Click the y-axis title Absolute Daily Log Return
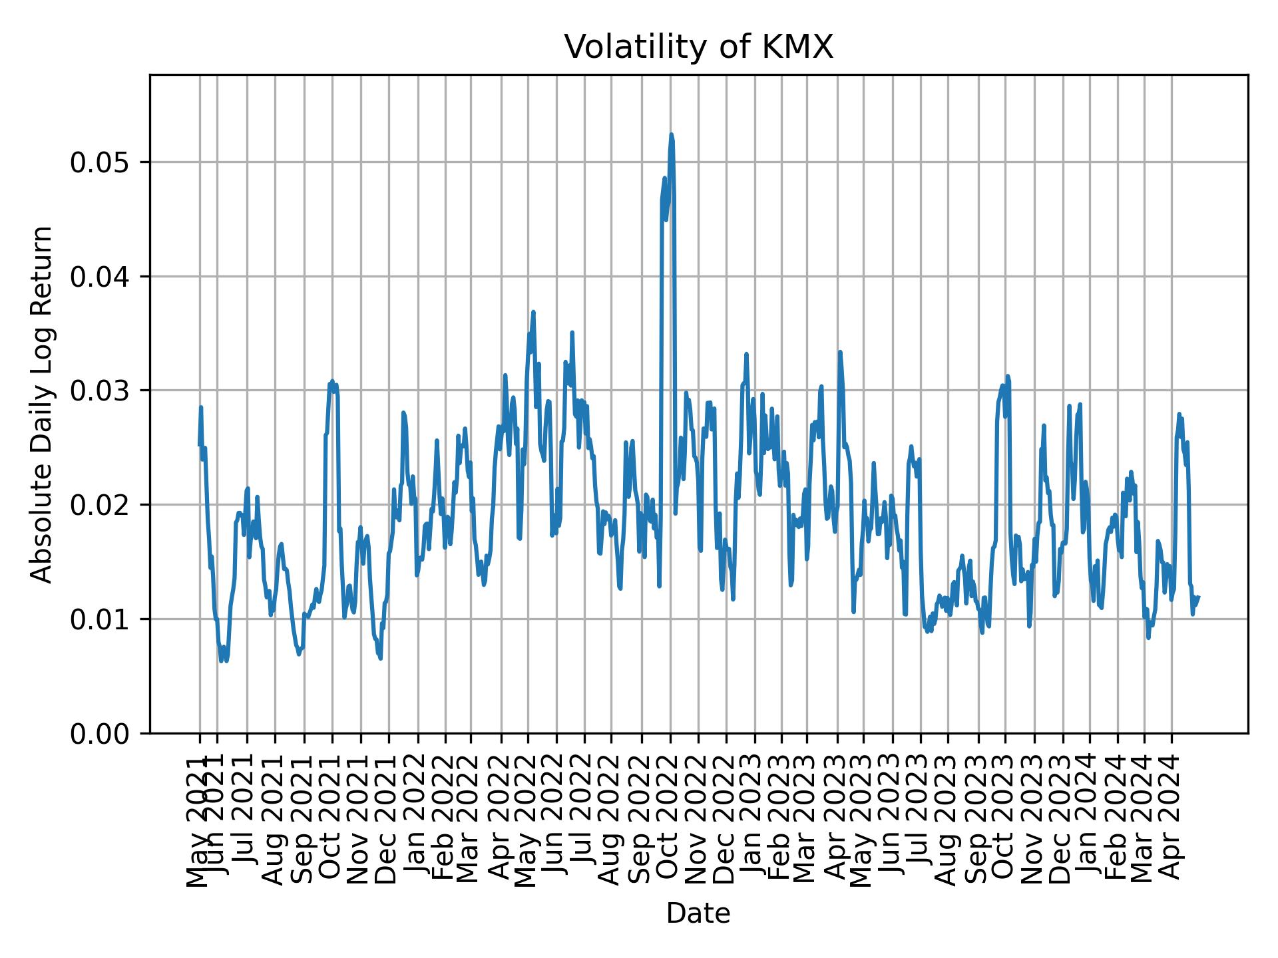point(43,404)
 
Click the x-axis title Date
point(698,913)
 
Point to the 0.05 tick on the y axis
point(101,162)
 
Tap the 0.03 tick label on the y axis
point(101,391)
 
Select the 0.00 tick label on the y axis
point(101,733)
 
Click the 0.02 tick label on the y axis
point(101,505)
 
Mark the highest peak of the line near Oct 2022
point(671,135)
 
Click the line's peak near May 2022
point(533,312)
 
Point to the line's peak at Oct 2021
point(331,381)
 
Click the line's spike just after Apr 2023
point(840,352)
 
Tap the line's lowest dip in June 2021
point(221,661)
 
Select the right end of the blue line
point(1198,597)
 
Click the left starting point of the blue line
point(199,445)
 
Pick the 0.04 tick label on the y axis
point(101,277)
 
